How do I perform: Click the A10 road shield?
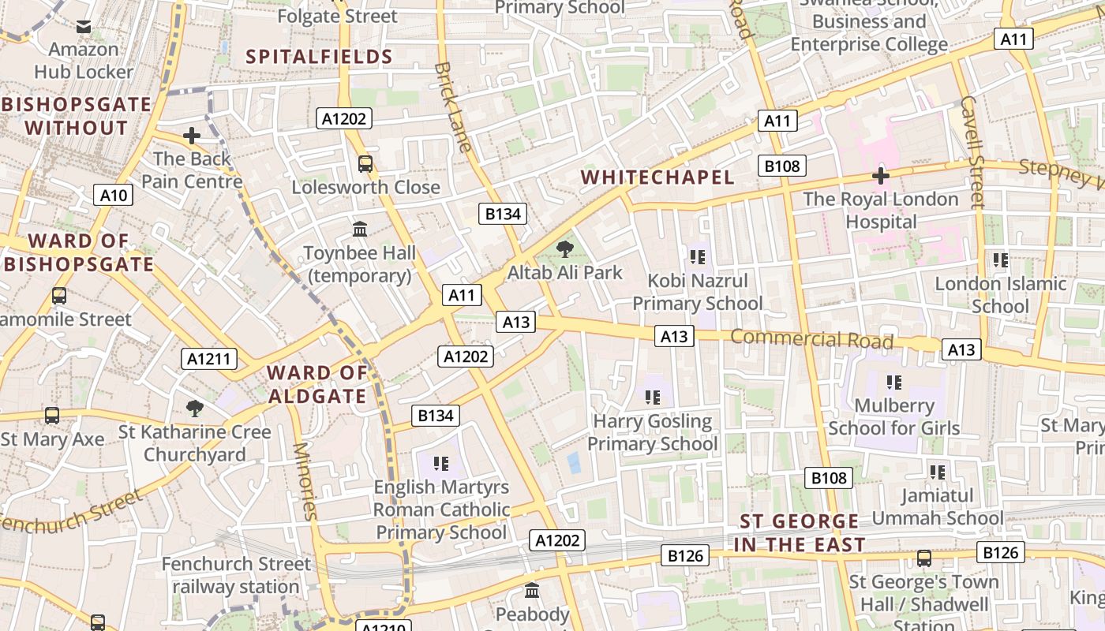point(113,195)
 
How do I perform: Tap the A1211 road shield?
point(209,359)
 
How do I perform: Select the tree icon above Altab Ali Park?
point(564,250)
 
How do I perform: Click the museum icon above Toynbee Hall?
point(360,230)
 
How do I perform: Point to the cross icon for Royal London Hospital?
point(881,176)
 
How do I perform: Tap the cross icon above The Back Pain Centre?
point(192,136)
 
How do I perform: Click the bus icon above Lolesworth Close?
point(365,164)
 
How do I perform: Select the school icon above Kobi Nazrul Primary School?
point(697,256)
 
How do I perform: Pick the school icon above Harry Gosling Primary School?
point(652,397)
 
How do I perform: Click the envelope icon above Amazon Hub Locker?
point(84,27)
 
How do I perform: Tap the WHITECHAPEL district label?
point(658,177)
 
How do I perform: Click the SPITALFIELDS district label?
point(319,57)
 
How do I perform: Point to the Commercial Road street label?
point(811,339)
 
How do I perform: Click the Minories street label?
point(304,481)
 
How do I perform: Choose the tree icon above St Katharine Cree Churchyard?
point(194,408)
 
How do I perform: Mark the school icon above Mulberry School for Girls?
point(893,383)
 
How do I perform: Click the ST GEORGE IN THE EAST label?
point(799,532)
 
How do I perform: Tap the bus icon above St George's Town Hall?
point(923,558)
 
